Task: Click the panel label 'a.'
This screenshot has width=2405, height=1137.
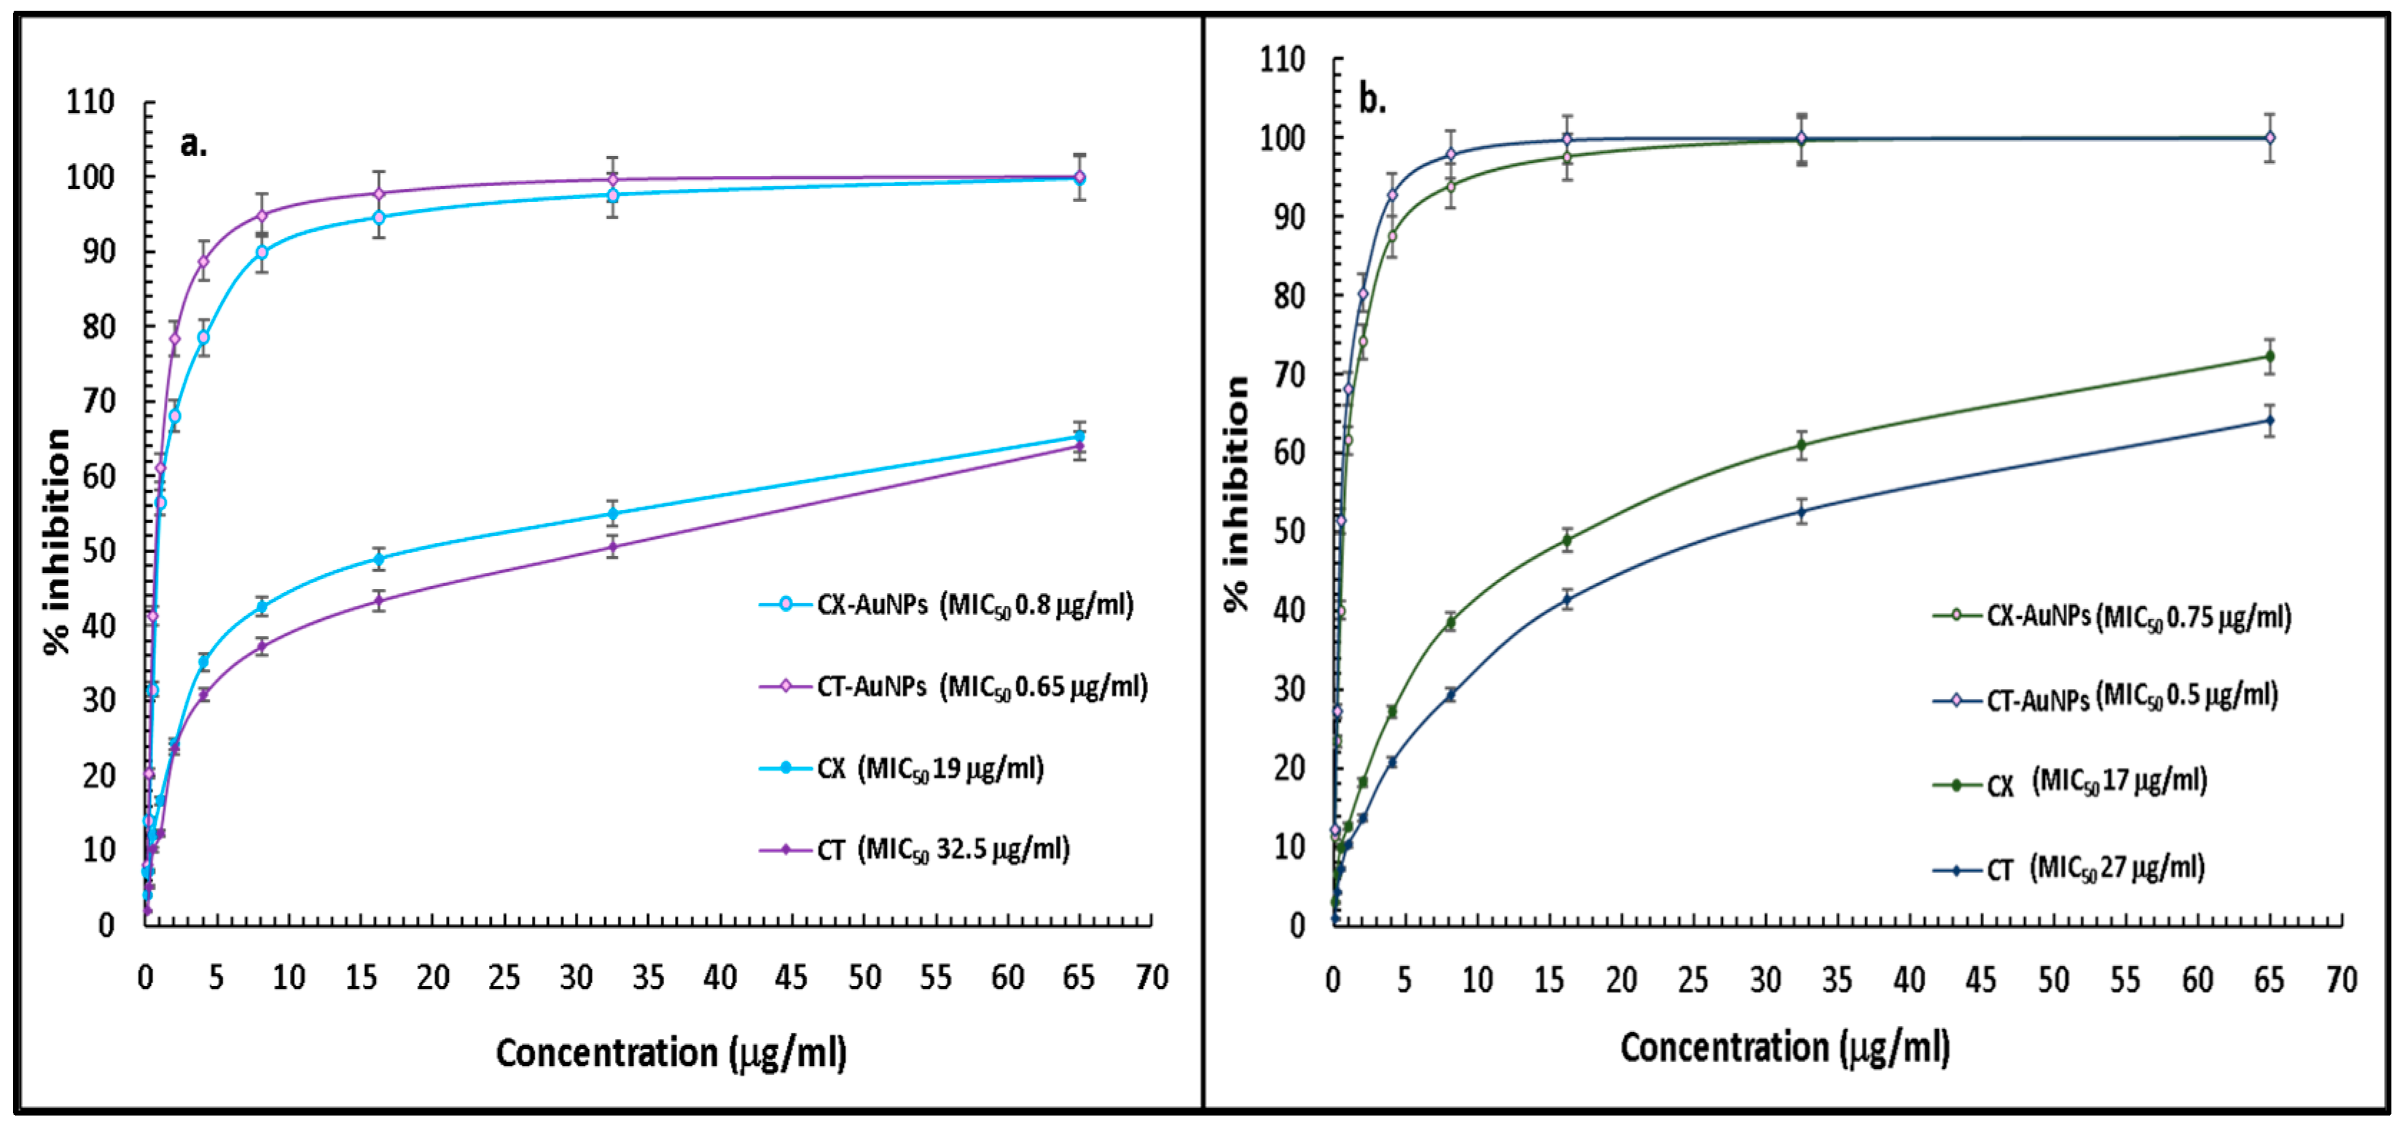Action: point(193,145)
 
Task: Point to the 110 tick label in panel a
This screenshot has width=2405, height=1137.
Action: point(91,102)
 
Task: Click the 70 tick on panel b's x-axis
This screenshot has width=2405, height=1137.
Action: point(2341,980)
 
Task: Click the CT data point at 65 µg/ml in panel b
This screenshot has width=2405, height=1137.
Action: point(2270,421)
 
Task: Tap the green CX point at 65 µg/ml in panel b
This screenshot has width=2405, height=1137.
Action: point(2270,356)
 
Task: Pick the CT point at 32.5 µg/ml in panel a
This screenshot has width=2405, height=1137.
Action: point(613,546)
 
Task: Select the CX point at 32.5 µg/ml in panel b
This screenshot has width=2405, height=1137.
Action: point(1802,444)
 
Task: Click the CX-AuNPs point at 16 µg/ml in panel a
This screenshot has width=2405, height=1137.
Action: point(378,218)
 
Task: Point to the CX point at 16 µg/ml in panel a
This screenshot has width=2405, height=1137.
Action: point(378,559)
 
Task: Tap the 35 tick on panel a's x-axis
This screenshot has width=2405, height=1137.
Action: point(648,977)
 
